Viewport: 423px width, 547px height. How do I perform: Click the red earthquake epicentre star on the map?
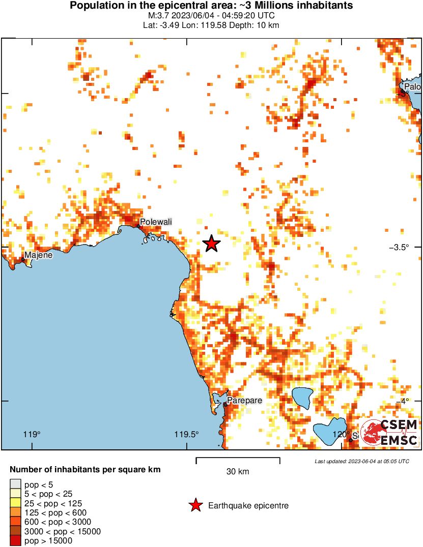211,244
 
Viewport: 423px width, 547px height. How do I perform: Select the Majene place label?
39,255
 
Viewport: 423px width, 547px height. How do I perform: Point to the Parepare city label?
244,401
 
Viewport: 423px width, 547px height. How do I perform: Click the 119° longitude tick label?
32,435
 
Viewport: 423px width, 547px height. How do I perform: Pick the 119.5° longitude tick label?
186,435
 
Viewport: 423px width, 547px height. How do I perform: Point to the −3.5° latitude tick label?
400,248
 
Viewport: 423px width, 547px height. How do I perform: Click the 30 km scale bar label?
238,472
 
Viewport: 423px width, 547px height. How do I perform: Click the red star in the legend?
195,505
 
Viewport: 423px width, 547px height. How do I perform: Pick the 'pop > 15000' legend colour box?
15,541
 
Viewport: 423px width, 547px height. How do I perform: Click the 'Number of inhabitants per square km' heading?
86,470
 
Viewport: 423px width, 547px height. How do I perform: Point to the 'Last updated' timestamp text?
361,461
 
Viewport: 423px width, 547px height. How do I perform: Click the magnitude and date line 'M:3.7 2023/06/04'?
211,16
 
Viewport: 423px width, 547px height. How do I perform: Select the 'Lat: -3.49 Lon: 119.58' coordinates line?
211,25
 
